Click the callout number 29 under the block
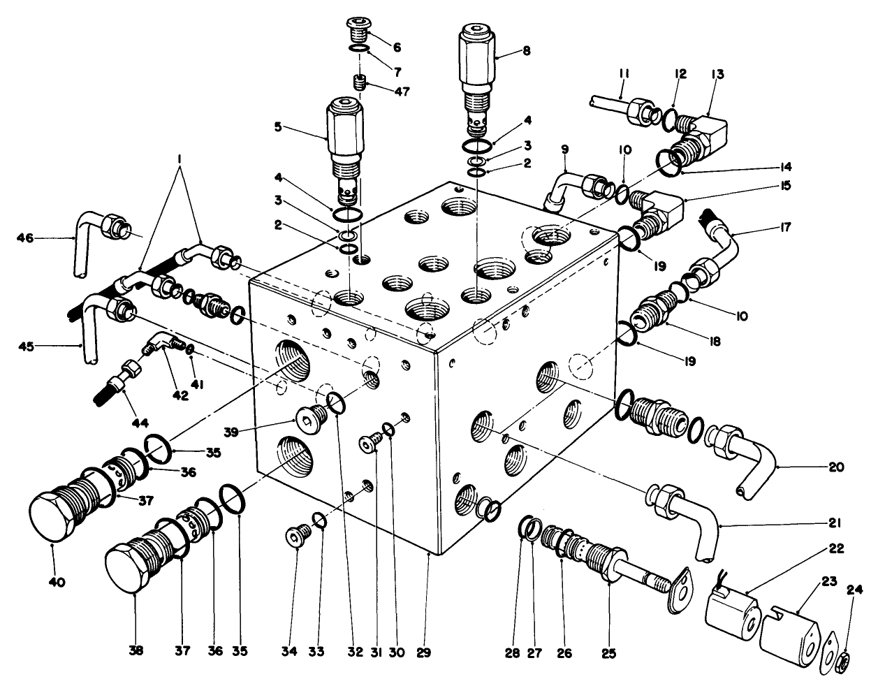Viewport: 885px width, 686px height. [x=423, y=654]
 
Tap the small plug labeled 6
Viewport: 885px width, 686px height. [x=357, y=29]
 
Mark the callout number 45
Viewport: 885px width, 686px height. [x=26, y=344]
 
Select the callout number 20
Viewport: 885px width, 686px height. [x=836, y=467]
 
